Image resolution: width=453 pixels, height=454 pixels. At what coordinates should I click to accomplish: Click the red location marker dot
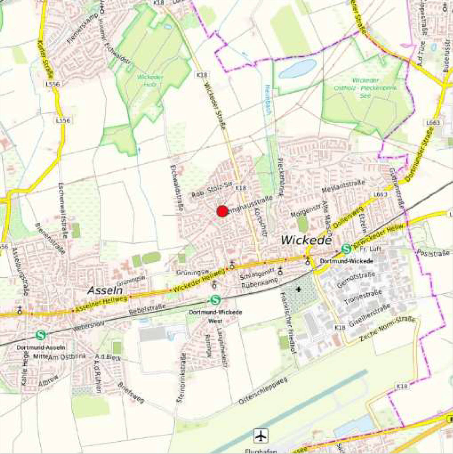[222, 211]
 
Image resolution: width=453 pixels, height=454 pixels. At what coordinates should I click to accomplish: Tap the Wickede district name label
[306, 240]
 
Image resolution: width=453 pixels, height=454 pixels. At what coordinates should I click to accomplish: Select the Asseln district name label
[105, 290]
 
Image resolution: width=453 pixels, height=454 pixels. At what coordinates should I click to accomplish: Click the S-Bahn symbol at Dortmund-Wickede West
[215, 300]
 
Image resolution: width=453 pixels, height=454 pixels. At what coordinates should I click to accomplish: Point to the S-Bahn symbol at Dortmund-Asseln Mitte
[41, 335]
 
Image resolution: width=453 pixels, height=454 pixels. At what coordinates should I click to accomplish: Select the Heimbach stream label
[268, 99]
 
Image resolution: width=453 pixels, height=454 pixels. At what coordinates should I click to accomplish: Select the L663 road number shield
[380, 194]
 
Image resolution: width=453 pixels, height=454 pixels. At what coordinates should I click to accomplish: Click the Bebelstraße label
[147, 309]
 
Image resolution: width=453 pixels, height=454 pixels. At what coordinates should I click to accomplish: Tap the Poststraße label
[433, 253]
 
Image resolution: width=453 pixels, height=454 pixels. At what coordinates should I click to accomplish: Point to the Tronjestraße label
[363, 297]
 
